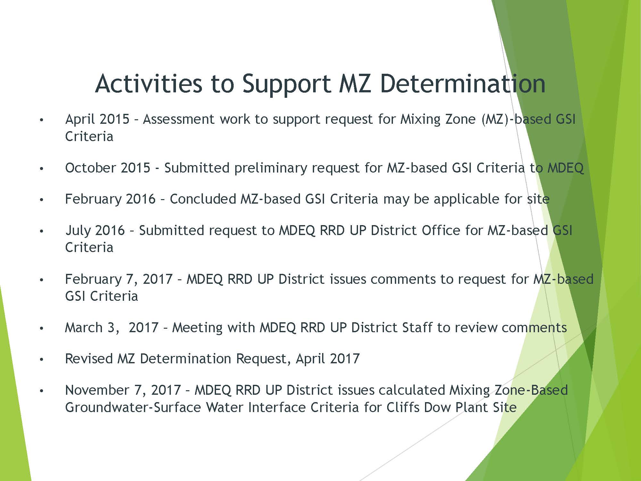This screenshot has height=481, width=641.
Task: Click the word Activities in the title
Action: point(149,83)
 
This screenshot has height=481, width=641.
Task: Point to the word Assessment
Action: point(179,119)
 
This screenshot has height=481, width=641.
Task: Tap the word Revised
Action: point(89,359)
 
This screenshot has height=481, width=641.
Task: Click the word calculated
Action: point(412,390)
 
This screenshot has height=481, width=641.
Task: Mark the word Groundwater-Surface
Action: point(133,407)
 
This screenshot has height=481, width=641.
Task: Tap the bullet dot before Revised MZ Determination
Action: point(41,360)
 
